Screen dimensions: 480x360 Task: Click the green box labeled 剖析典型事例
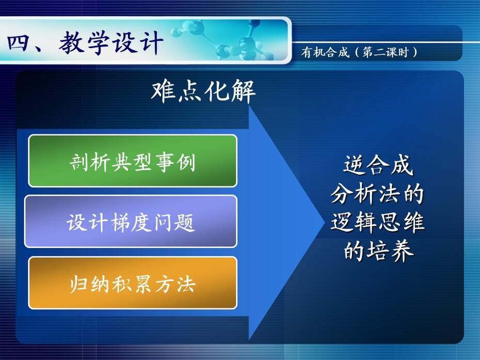133,161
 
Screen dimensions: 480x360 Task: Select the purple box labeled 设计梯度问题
131,221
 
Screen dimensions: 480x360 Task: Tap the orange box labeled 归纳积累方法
133,283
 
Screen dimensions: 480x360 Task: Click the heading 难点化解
203,91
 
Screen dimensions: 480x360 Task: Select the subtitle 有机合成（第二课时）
359,52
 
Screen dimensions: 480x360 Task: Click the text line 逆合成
378,165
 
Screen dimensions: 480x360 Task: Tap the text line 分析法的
377,193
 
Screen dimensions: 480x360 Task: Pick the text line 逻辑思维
377,222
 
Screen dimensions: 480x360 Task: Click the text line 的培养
378,251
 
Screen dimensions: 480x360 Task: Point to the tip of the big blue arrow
324,223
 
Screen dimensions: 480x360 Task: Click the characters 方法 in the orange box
175,284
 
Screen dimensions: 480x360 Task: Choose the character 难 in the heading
164,91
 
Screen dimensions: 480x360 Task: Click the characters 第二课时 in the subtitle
386,52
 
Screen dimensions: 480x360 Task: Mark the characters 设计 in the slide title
137,43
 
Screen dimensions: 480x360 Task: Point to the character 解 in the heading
243,91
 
